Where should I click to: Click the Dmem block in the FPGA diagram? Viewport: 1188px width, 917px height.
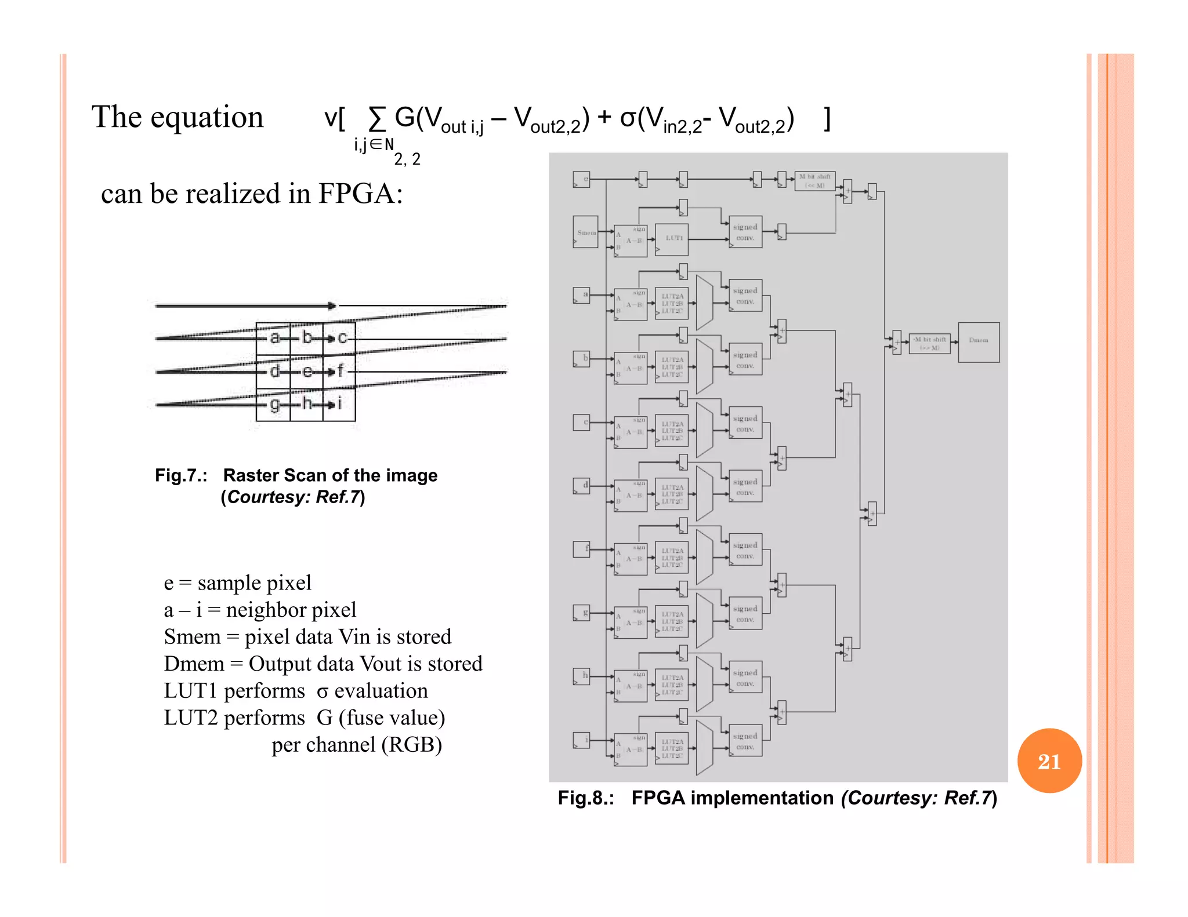[978, 342]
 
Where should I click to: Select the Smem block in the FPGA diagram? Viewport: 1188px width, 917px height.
[585, 232]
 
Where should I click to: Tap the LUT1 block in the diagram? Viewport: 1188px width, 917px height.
[672, 239]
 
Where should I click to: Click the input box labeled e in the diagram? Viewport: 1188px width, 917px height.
[581, 179]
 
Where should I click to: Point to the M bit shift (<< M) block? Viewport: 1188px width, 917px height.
[814, 181]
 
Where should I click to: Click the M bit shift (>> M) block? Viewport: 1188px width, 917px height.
[929, 343]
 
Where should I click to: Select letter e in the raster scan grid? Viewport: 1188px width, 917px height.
[307, 370]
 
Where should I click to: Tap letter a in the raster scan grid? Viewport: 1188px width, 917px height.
[274, 337]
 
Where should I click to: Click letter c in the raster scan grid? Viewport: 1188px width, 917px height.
[342, 337]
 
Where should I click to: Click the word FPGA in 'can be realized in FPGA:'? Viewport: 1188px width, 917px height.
[355, 194]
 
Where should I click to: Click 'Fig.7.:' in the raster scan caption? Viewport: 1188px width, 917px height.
[181, 475]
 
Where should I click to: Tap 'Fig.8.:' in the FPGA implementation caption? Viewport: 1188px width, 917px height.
[585, 798]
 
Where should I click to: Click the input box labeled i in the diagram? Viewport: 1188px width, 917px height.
[581, 740]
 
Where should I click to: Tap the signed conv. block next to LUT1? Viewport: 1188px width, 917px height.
[745, 232]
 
